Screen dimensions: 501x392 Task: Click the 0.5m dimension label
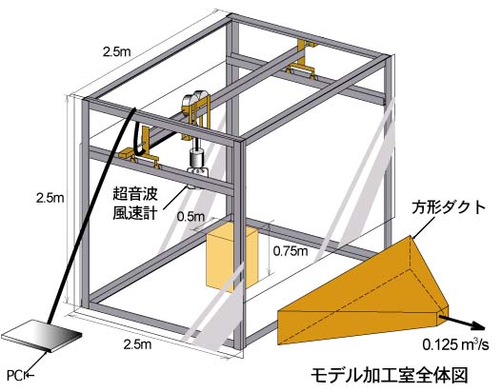tap(190, 217)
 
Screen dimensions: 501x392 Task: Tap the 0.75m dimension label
tap(291, 251)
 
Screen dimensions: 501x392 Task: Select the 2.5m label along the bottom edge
tap(137, 344)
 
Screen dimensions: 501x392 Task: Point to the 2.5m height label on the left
tap(50, 198)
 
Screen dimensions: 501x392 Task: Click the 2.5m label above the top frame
tap(116, 51)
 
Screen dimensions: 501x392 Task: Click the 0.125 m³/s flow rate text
tap(455, 344)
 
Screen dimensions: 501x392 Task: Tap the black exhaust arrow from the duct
tap(462, 323)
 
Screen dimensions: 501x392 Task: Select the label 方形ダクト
tap(449, 207)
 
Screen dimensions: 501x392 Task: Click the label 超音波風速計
tap(135, 204)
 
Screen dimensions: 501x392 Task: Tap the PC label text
tap(14, 376)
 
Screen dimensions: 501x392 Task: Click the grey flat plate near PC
tap(42, 336)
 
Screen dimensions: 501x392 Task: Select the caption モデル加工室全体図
tap(390, 375)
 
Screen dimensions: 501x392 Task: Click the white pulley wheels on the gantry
tap(193, 100)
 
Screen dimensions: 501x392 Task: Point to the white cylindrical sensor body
tap(196, 158)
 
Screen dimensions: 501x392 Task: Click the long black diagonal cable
tap(91, 216)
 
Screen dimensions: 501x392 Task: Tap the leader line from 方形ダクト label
tap(423, 227)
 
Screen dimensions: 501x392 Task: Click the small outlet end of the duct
tap(443, 314)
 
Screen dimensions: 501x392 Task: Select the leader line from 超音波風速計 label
tap(175, 197)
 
